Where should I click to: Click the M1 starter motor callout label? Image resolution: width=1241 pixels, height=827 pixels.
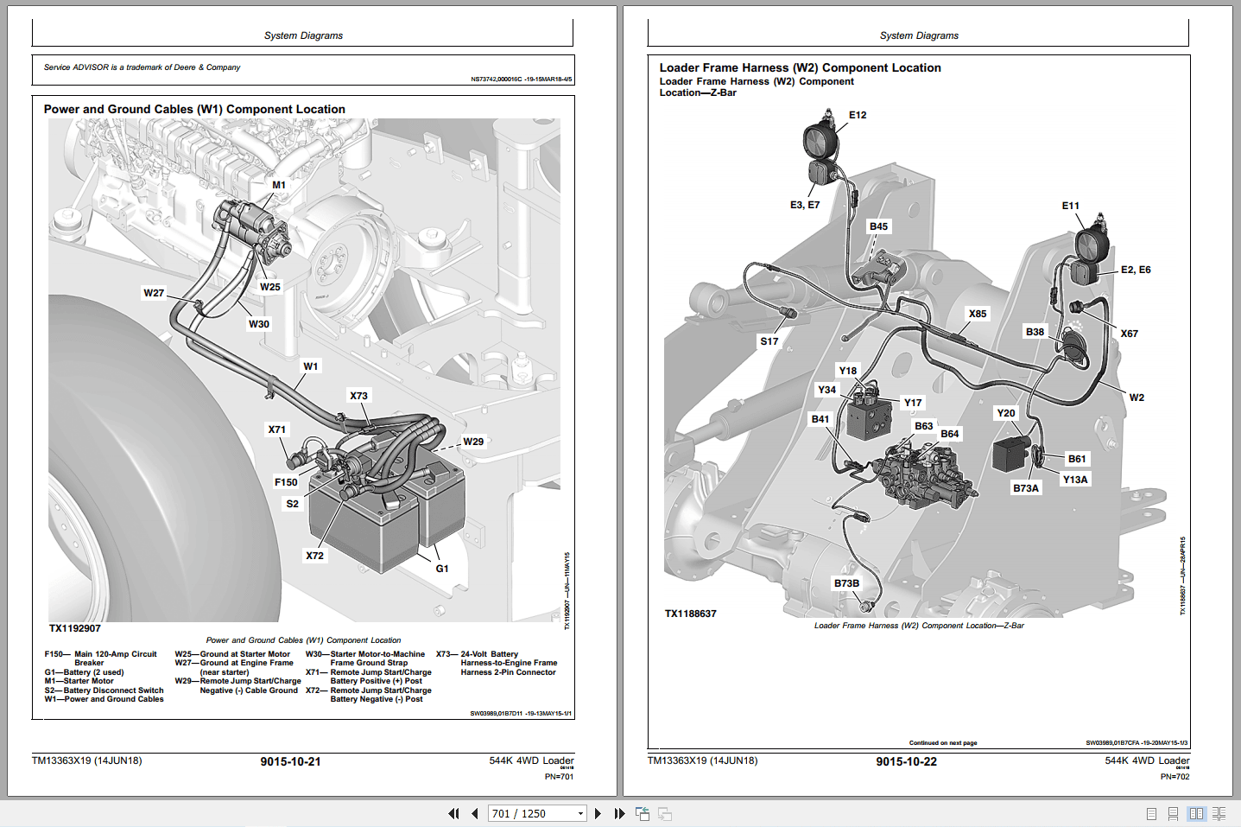[x=279, y=185]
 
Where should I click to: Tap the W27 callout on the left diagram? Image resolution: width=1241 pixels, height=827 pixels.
[x=154, y=293]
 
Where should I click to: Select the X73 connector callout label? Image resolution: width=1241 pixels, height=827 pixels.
[x=358, y=396]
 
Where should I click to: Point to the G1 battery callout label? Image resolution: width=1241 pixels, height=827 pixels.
[x=442, y=569]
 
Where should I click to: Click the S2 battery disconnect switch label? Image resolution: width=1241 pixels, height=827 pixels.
[x=293, y=504]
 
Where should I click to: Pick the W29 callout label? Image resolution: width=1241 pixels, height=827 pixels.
[x=473, y=442]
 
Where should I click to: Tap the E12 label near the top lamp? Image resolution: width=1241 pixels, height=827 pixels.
[x=858, y=115]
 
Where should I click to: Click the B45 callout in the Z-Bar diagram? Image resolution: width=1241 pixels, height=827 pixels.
[x=878, y=226]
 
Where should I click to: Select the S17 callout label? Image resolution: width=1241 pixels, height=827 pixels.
[x=769, y=341]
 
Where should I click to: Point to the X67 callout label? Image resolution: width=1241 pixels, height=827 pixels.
[x=1129, y=334]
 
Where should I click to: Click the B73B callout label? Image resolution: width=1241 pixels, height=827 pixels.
[x=846, y=583]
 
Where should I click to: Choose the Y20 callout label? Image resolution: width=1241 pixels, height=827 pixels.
[x=1006, y=413]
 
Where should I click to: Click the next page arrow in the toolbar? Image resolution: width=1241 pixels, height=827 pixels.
[x=598, y=813]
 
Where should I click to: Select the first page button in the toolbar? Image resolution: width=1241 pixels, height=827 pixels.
[x=453, y=813]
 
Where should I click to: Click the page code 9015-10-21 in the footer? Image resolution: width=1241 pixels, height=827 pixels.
[x=290, y=761]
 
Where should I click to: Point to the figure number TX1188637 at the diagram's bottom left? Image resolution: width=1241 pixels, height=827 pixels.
[x=691, y=614]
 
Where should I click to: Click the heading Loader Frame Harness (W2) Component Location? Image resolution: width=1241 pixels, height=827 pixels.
[x=800, y=67]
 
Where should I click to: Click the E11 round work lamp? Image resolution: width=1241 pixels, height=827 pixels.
[x=1092, y=244]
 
